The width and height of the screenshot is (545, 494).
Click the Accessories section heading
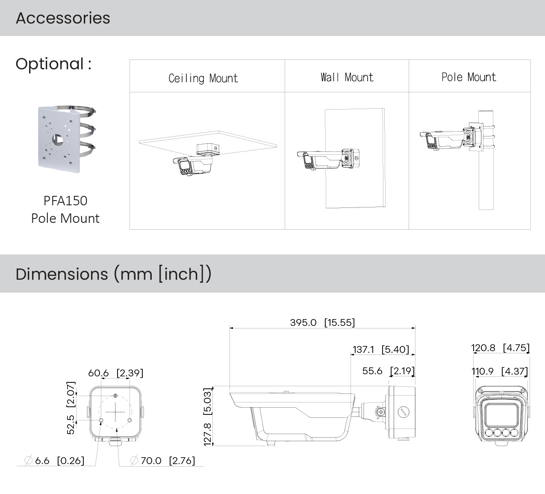click(63, 18)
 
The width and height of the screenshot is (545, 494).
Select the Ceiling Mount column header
click(203, 78)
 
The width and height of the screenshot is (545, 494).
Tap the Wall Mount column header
click(347, 77)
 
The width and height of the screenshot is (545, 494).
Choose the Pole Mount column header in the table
click(468, 77)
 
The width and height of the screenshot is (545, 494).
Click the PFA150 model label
click(65, 201)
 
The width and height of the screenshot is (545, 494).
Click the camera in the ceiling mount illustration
click(192, 165)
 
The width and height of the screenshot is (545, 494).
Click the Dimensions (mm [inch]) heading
click(113, 274)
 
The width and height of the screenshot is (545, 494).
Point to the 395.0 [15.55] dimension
click(322, 322)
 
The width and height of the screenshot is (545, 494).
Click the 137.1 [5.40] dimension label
click(380, 349)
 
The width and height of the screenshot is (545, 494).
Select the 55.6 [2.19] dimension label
click(388, 371)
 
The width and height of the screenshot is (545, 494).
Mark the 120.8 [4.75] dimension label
click(500, 348)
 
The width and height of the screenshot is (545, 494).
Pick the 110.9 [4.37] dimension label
click(499, 371)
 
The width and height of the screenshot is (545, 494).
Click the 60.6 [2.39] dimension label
click(115, 373)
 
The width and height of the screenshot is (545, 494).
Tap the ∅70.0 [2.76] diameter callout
click(162, 461)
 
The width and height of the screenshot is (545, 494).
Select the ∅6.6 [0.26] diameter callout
click(54, 461)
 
